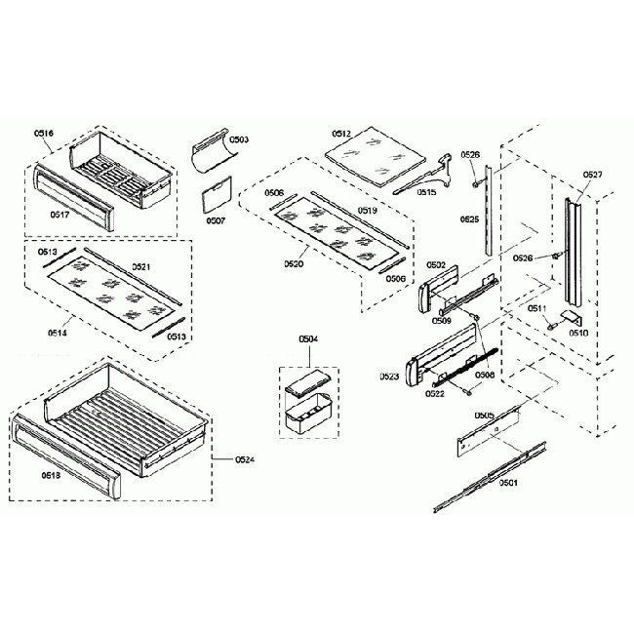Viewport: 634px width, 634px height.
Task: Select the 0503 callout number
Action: [239, 140]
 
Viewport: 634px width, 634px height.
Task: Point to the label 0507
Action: [216, 220]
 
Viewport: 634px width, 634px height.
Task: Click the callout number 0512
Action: [340, 133]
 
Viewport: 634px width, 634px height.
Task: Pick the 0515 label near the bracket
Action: [426, 192]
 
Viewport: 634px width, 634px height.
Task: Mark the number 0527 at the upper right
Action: [592, 176]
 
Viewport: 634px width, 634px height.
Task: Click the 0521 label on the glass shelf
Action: [140, 266]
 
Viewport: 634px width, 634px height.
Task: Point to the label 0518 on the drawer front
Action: [51, 475]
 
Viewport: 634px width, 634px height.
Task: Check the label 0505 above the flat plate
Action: [484, 416]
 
